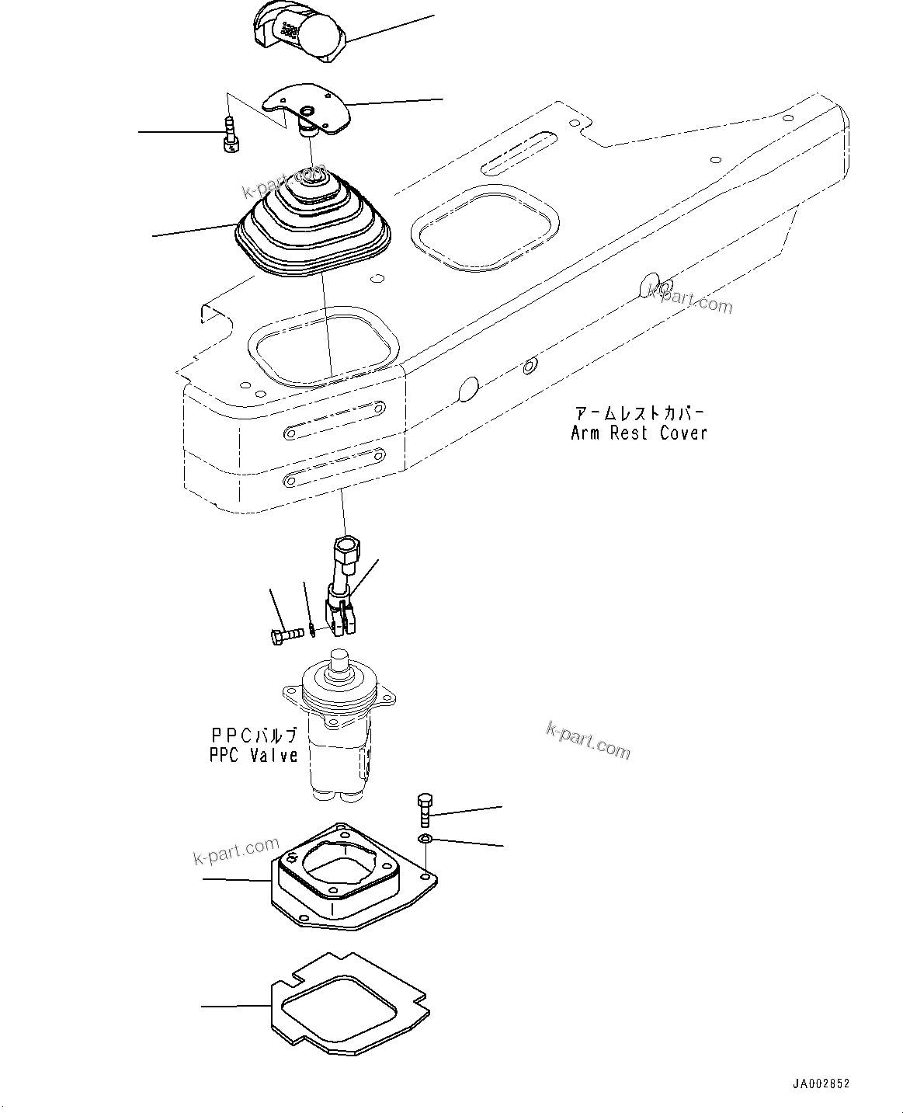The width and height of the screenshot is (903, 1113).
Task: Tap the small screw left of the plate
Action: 229,134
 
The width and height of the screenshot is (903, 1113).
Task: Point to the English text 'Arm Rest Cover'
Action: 638,433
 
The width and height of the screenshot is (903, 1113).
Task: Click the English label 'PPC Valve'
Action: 253,754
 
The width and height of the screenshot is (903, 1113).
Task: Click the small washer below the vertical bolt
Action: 424,839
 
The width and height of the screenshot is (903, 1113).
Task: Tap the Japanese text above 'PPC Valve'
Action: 253,734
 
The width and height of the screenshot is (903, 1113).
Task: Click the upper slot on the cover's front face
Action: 335,419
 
